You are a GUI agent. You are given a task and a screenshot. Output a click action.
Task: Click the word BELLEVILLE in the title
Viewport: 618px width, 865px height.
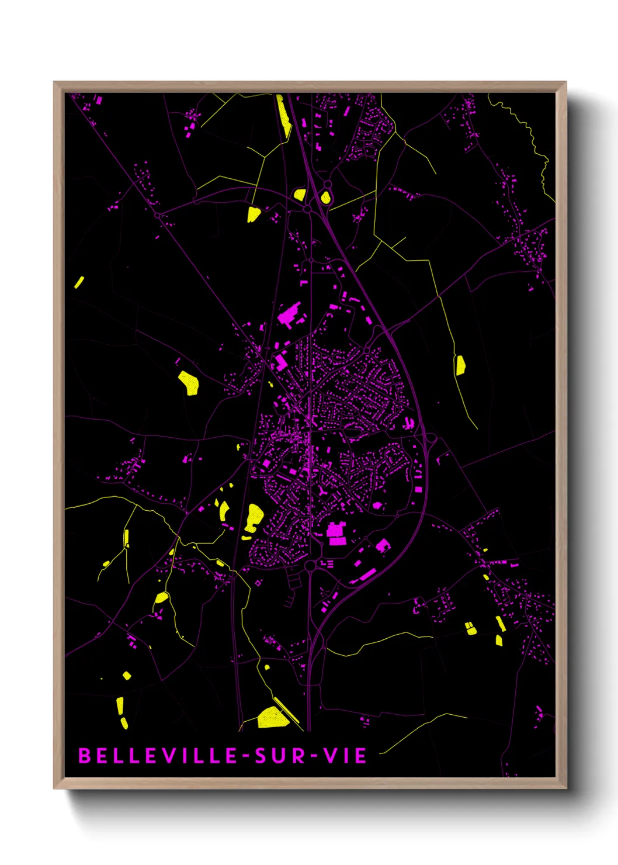(158, 756)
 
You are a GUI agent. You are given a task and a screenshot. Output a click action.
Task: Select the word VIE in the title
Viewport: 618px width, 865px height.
(345, 756)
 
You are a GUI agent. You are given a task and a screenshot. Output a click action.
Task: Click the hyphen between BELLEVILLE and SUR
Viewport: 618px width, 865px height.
(246, 756)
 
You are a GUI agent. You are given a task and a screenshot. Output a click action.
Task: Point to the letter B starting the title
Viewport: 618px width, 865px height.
(84, 756)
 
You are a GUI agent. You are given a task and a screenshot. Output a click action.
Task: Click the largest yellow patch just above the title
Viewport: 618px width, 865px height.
(272, 718)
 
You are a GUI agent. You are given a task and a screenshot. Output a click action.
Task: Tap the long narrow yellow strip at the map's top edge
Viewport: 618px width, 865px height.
(283, 117)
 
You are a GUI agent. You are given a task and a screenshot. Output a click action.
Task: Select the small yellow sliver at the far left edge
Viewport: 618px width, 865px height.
(79, 282)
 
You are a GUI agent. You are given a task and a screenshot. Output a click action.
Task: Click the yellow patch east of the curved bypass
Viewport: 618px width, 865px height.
(460, 365)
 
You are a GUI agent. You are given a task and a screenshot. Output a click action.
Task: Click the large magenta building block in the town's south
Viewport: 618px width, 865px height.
(335, 534)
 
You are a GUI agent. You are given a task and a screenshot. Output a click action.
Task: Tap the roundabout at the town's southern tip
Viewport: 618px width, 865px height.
(310, 566)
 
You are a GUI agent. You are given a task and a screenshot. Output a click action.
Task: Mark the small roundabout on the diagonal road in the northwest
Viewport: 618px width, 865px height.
(157, 216)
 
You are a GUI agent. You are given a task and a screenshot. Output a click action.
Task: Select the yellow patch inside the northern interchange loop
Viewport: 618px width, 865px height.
(325, 198)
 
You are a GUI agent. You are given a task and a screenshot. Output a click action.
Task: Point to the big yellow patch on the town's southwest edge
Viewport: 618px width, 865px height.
(254, 518)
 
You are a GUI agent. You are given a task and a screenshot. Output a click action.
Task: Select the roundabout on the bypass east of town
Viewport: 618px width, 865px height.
(431, 438)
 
